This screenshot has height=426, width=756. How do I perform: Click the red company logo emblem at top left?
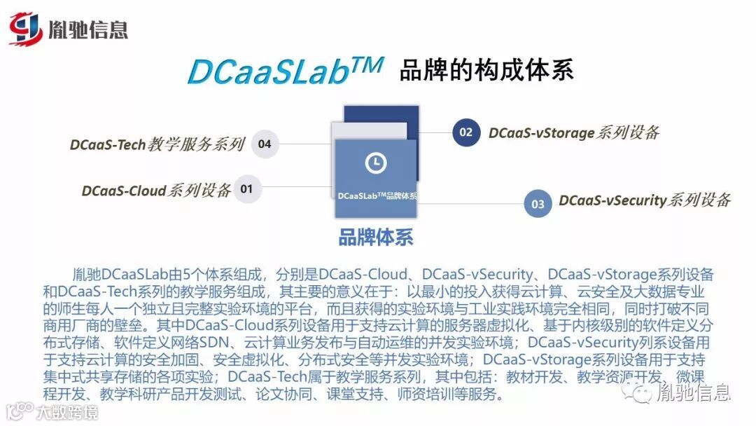27,29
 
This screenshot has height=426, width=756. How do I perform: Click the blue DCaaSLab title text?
286,71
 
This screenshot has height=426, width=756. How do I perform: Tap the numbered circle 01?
247,188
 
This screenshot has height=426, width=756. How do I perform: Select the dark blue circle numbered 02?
465,132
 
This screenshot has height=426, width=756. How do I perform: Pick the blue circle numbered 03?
538,204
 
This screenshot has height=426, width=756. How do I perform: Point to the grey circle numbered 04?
264,144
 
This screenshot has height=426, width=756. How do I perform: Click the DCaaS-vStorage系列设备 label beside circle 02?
574,132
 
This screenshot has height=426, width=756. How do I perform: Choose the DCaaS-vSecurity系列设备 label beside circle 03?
644,200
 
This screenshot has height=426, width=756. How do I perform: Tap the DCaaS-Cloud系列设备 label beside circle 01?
156,190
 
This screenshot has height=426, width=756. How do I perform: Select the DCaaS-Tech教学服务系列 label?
157,144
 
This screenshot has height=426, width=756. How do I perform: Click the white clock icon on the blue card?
376,163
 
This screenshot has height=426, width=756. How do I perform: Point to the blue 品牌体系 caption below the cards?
376,237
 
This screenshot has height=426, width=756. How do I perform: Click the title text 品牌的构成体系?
486,71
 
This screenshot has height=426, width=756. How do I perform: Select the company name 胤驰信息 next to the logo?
88,29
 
